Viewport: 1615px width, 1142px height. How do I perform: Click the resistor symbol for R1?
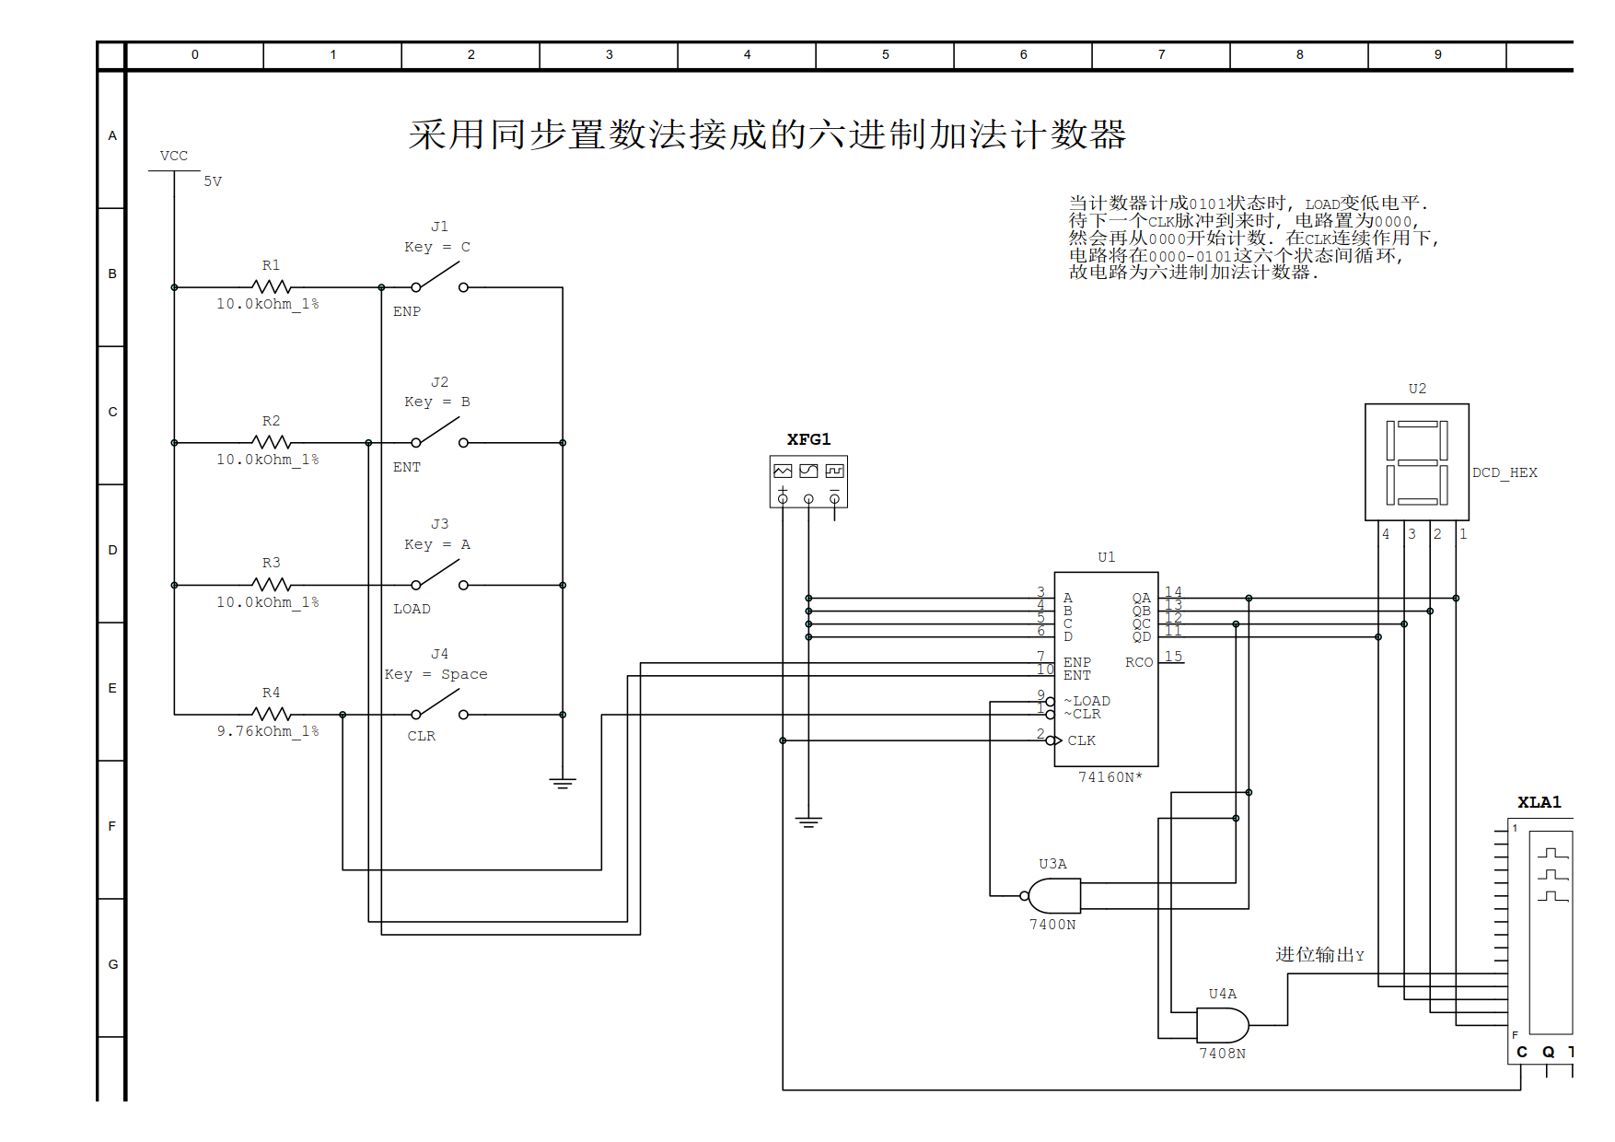point(271,287)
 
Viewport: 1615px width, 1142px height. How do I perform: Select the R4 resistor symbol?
point(271,714)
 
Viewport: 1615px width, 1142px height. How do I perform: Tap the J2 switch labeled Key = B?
point(439,433)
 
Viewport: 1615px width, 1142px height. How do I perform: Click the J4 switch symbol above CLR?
point(439,705)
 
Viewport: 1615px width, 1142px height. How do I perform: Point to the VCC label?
point(174,156)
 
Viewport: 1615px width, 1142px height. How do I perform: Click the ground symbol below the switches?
point(563,784)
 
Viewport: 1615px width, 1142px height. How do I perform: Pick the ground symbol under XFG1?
point(808,822)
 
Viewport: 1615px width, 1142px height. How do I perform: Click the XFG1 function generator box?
point(808,481)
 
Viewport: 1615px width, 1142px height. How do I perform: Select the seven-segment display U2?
point(1417,462)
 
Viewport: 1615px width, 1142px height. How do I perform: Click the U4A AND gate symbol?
point(1223,1025)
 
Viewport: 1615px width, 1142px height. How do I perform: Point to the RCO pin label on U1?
point(1139,662)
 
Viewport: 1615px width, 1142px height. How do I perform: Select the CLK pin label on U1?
point(1082,740)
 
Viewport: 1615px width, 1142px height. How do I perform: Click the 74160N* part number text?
point(1110,777)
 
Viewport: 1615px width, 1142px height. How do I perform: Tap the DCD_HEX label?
point(1505,472)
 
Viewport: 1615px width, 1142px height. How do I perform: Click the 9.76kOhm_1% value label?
point(268,731)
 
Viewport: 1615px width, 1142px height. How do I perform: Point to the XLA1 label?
point(1539,802)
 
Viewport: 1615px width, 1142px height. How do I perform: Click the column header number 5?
point(886,54)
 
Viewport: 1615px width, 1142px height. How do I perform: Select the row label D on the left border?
point(112,550)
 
